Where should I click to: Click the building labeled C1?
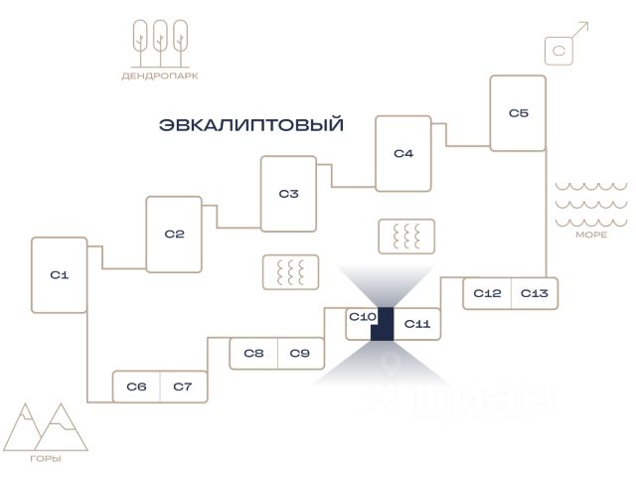click(x=60, y=275)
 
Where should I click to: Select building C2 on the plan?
click(x=174, y=235)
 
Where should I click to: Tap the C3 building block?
click(x=288, y=194)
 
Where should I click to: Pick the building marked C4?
click(x=403, y=153)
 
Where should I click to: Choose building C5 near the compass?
click(x=518, y=113)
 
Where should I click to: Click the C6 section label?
click(x=136, y=387)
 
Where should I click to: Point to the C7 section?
click(x=183, y=387)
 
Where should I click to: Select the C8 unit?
click(x=253, y=354)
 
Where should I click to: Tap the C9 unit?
click(x=300, y=354)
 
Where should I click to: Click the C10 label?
click(x=362, y=316)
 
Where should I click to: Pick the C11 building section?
click(x=417, y=324)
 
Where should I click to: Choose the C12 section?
click(x=487, y=293)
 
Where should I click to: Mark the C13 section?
click(x=535, y=293)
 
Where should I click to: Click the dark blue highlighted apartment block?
click(x=385, y=325)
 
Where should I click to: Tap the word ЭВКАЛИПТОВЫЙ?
click(x=251, y=124)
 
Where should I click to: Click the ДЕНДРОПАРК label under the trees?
click(x=160, y=76)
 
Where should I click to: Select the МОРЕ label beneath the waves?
click(x=591, y=235)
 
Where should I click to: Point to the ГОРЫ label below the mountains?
click(x=46, y=459)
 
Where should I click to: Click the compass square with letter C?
click(x=558, y=51)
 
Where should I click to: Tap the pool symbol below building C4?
click(x=406, y=237)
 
